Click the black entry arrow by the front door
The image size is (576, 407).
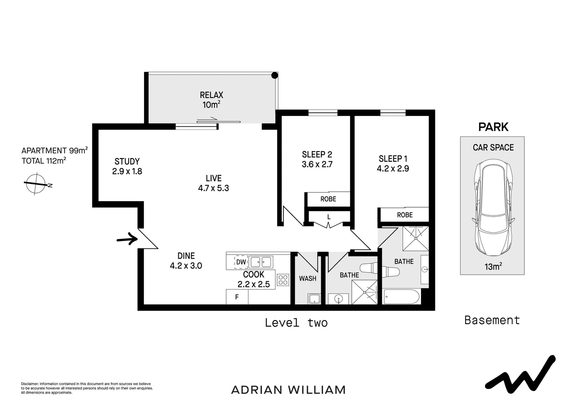coord(126,239)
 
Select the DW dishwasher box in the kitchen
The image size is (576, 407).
coord(241,262)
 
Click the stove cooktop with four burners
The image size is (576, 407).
coord(283,280)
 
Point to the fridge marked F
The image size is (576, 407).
coord(237,297)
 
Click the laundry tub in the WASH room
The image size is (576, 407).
coord(314,299)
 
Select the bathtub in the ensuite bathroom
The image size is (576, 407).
coord(401,297)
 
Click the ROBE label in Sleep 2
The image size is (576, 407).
coord(328,199)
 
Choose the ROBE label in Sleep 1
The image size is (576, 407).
coord(404,215)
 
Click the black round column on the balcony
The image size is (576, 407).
coord(275,75)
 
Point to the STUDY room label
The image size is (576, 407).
coord(127,161)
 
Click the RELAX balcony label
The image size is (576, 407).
coord(211,95)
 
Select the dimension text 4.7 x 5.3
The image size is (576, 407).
coord(213,188)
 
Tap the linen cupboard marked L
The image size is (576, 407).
coord(329,217)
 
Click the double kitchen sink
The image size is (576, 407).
coord(261,262)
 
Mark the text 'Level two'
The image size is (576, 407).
coord(296,323)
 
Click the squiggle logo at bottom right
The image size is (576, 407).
coord(520,375)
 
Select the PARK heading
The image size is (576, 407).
coord(493,127)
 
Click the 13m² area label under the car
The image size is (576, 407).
coord(493,267)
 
